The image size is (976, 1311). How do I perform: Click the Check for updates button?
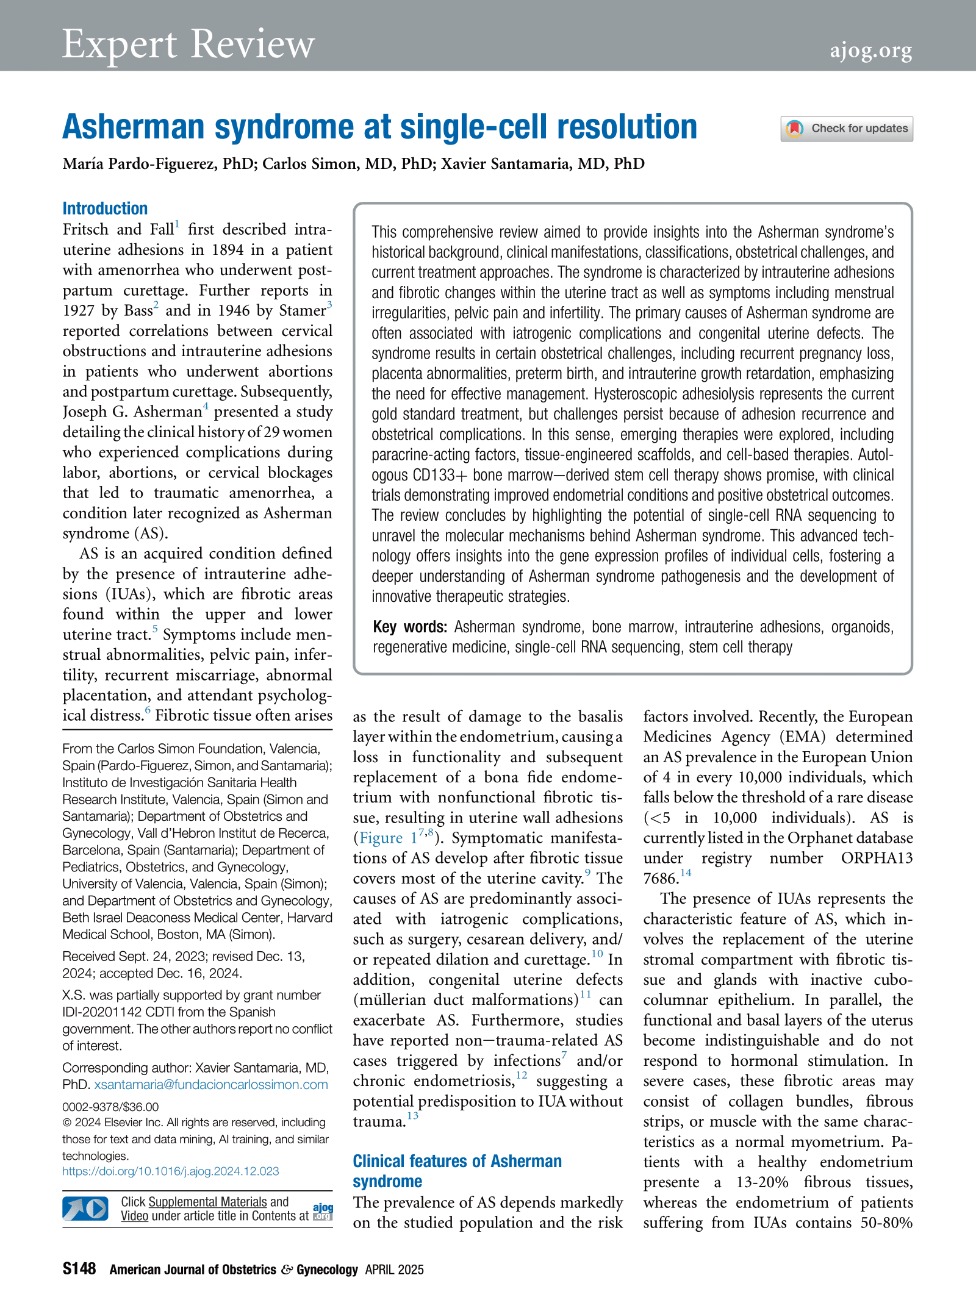click(847, 129)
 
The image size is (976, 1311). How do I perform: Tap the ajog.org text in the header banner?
click(870, 50)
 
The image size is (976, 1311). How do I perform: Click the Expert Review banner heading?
click(188, 44)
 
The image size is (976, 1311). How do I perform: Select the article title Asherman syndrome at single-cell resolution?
click(379, 127)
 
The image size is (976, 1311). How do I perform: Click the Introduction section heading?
click(105, 209)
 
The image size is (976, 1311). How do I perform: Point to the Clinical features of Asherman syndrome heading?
click(457, 1171)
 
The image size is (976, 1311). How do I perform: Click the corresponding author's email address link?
click(211, 1085)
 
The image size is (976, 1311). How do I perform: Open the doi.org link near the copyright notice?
click(171, 1171)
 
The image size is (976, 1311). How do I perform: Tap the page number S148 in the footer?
click(79, 1269)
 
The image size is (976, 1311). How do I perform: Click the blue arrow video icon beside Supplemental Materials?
click(85, 1209)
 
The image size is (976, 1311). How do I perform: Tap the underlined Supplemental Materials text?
click(207, 1202)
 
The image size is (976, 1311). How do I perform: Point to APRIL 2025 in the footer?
click(394, 1270)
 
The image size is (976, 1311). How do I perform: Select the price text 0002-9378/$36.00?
click(110, 1107)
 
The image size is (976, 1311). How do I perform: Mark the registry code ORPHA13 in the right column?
click(877, 858)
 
